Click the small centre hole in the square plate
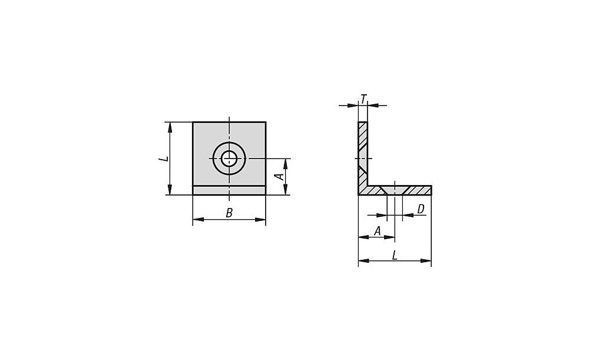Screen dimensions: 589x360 pos(229,158)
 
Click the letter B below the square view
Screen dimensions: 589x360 pos(229,213)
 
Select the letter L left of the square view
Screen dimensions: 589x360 pos(163,159)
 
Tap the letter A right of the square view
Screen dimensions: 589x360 pos(280,176)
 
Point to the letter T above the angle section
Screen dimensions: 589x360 pos(363,99)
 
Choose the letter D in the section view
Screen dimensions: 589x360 pos(421,209)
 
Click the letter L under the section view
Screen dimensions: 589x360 pos(395,256)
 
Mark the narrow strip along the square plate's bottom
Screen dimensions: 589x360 pos(229,190)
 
